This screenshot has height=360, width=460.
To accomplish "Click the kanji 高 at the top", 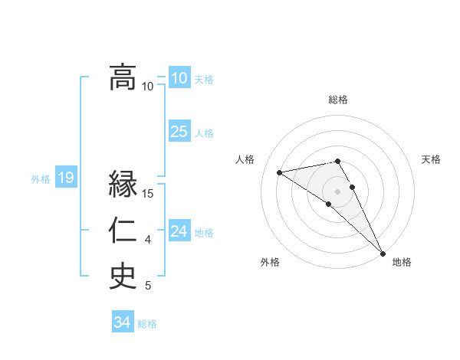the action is (x=123, y=77).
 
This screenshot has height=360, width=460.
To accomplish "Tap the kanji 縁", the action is (x=123, y=185).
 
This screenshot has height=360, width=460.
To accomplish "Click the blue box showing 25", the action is (x=179, y=132).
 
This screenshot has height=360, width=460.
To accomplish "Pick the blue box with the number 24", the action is (x=179, y=231).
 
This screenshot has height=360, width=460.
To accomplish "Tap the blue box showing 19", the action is (x=65, y=178).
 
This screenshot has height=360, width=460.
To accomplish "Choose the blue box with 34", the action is (x=122, y=322).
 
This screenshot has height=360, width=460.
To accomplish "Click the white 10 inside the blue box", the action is (x=179, y=77).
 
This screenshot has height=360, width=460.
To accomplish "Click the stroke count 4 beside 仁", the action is (x=148, y=241).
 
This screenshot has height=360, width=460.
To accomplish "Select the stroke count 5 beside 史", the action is (x=148, y=286).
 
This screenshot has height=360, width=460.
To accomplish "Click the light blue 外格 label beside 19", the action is (x=41, y=179).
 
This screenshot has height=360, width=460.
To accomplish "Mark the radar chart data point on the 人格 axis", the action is (x=280, y=172).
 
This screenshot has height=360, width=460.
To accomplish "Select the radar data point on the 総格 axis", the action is (x=337, y=161).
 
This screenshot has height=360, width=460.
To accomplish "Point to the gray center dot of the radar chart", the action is (x=337, y=191).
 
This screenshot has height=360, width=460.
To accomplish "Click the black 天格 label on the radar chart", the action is (x=432, y=159).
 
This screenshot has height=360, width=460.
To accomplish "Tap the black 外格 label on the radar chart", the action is (x=270, y=262).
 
